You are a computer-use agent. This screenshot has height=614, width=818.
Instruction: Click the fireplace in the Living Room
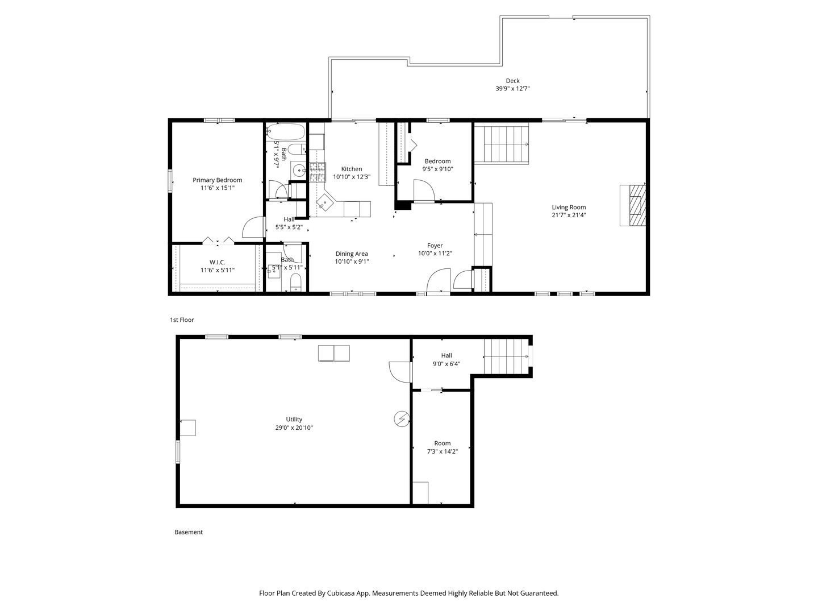click(x=633, y=205)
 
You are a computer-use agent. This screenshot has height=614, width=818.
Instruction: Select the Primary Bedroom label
click(x=217, y=180)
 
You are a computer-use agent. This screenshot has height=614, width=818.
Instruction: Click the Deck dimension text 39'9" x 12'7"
click(x=512, y=89)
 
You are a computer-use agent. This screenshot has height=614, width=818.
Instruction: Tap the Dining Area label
click(x=352, y=254)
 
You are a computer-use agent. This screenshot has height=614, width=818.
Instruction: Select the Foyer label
click(x=435, y=246)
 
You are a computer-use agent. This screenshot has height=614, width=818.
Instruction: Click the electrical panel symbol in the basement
click(x=402, y=419)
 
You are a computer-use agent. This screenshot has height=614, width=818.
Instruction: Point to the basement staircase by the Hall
click(x=506, y=356)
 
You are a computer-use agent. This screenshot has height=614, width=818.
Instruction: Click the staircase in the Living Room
click(x=502, y=144)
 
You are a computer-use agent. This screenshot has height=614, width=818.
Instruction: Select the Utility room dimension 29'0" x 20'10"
click(x=294, y=428)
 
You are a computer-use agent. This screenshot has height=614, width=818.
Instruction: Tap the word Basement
click(x=189, y=532)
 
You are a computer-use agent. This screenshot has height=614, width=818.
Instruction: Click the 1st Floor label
click(x=182, y=320)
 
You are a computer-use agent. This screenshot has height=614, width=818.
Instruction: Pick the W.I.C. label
click(x=217, y=262)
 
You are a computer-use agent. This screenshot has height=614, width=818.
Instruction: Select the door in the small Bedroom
click(x=423, y=190)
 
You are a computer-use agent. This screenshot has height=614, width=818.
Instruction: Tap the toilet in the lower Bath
click(x=295, y=282)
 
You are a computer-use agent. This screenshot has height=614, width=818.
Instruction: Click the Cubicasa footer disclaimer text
click(x=409, y=593)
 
